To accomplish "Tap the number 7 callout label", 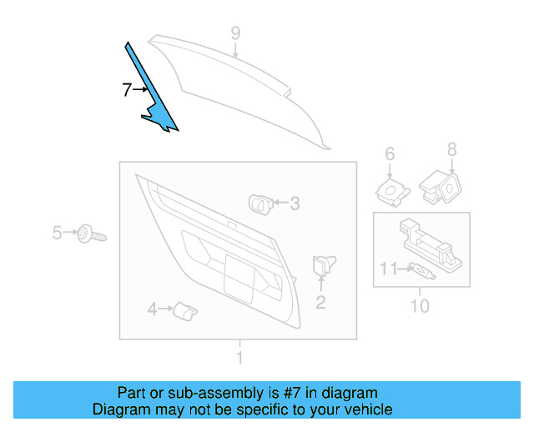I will click(126, 90).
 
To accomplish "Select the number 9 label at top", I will click(235, 33).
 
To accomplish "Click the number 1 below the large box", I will click(239, 359).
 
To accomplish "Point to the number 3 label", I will click(294, 203).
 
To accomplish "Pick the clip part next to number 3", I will click(259, 201).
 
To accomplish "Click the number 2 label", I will click(320, 303).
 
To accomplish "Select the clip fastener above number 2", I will click(321, 267).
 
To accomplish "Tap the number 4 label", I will click(152, 310).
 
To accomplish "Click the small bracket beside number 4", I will click(184, 311).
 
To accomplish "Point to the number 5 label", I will click(57, 233).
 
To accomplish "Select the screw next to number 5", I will click(90, 234).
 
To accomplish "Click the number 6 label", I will click(389, 153).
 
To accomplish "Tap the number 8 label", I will click(451, 150).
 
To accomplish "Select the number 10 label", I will click(420, 306).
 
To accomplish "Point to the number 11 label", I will click(389, 269).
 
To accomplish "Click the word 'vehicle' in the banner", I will click(364, 409).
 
